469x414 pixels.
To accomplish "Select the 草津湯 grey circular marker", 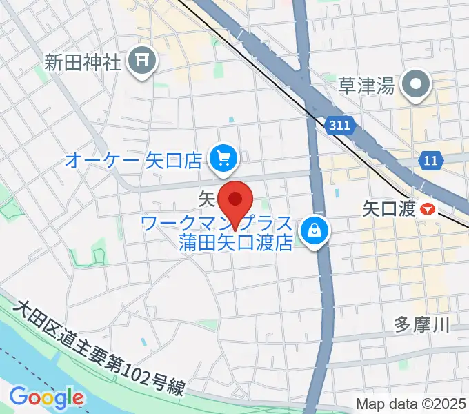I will (417, 86).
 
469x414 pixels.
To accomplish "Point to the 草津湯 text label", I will (366, 86).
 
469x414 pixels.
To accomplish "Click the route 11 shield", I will (430, 161).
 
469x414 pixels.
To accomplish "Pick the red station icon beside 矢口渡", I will (428, 208).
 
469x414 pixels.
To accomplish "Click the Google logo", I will (46, 397).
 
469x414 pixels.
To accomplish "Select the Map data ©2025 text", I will (411, 403).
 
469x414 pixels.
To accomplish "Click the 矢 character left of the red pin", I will (207, 199).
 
